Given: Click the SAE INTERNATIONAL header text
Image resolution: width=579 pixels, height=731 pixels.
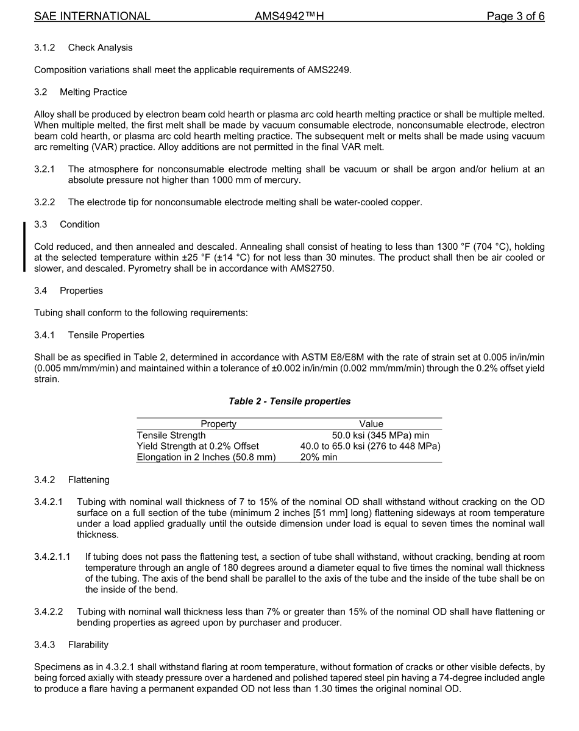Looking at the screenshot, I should (92, 16).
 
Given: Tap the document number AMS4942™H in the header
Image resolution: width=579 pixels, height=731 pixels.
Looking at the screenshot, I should (289, 16).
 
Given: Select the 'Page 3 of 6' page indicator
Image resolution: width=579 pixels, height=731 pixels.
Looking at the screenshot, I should (515, 16).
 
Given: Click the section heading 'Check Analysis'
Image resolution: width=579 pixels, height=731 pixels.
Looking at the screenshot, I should (100, 48).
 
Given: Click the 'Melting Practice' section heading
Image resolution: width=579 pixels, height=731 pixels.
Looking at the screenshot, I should (93, 92).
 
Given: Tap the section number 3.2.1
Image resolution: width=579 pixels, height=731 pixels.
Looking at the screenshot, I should (44, 169).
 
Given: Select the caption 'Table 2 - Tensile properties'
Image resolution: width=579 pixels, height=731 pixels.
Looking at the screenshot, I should (289, 401).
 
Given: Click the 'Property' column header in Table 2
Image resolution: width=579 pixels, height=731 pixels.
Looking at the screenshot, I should (218, 424).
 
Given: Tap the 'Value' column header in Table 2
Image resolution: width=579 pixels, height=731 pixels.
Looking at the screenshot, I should (371, 424).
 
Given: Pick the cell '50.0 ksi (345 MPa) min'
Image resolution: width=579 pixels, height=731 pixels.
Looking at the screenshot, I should (380, 435).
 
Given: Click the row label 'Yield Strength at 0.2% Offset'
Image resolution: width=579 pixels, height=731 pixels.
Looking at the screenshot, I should (197, 446).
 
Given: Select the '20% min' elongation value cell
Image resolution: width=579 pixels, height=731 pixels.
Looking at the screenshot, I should (319, 457).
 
